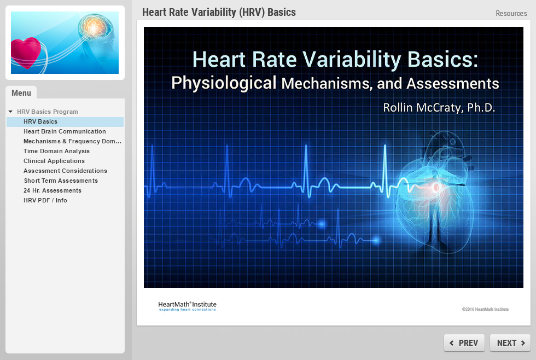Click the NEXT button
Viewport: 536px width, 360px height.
[x=510, y=342]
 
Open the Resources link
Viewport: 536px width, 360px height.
[x=511, y=13]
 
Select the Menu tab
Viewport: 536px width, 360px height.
[x=21, y=92]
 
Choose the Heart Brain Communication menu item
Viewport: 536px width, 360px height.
[x=65, y=131]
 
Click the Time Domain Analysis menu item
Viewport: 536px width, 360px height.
[x=56, y=151]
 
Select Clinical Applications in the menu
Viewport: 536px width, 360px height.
[x=54, y=161]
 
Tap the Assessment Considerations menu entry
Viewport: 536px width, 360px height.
[x=65, y=171]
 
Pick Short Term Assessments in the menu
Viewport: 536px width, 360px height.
[x=61, y=181]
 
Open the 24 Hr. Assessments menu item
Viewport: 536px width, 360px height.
[x=53, y=190]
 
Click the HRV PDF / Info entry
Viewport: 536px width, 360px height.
[x=45, y=200]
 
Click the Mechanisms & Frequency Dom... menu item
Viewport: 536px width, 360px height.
[x=72, y=141]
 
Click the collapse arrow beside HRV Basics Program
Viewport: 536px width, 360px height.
[x=10, y=112]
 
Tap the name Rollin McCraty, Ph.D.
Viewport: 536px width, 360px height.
[x=439, y=107]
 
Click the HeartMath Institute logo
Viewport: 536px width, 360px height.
[x=187, y=306]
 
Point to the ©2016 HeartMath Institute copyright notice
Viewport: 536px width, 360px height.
[x=485, y=309]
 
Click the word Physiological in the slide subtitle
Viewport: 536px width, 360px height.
[x=224, y=83]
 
